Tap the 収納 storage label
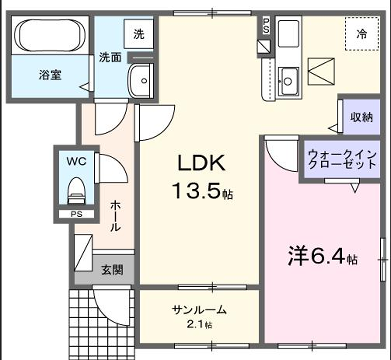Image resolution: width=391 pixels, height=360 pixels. coord(361,117)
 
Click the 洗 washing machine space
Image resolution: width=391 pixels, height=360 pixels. coord(139,33)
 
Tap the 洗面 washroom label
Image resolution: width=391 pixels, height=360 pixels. coord(109,58)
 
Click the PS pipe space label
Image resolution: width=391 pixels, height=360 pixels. coord(75,213)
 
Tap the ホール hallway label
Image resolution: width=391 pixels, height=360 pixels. coord(115,214)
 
